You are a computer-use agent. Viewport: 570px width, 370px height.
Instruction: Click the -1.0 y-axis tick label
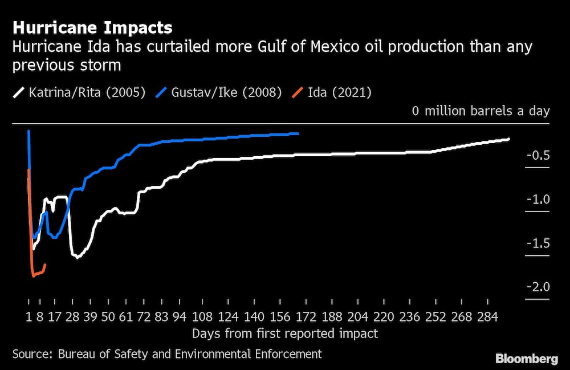point(538,200)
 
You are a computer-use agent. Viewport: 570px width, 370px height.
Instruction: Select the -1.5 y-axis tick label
point(538,243)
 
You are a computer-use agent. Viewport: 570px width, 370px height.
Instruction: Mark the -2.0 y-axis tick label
point(538,287)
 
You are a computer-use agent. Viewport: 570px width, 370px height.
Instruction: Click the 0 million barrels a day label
point(481,111)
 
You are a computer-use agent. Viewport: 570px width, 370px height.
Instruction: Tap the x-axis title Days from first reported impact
point(285,332)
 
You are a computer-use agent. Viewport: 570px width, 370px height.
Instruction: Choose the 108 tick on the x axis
point(203,316)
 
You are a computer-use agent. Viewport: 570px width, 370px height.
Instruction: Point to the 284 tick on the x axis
point(488,316)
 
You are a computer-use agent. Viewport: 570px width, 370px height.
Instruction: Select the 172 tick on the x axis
point(305,316)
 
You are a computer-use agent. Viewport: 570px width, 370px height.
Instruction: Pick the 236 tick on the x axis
point(410,316)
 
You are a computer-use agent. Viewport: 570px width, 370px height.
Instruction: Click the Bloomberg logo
point(527,359)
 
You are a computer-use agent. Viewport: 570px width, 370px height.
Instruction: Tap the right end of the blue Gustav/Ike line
point(298,133)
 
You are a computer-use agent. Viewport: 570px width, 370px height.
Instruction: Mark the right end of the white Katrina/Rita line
point(508,139)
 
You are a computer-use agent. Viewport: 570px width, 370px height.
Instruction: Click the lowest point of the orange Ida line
point(34,277)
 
